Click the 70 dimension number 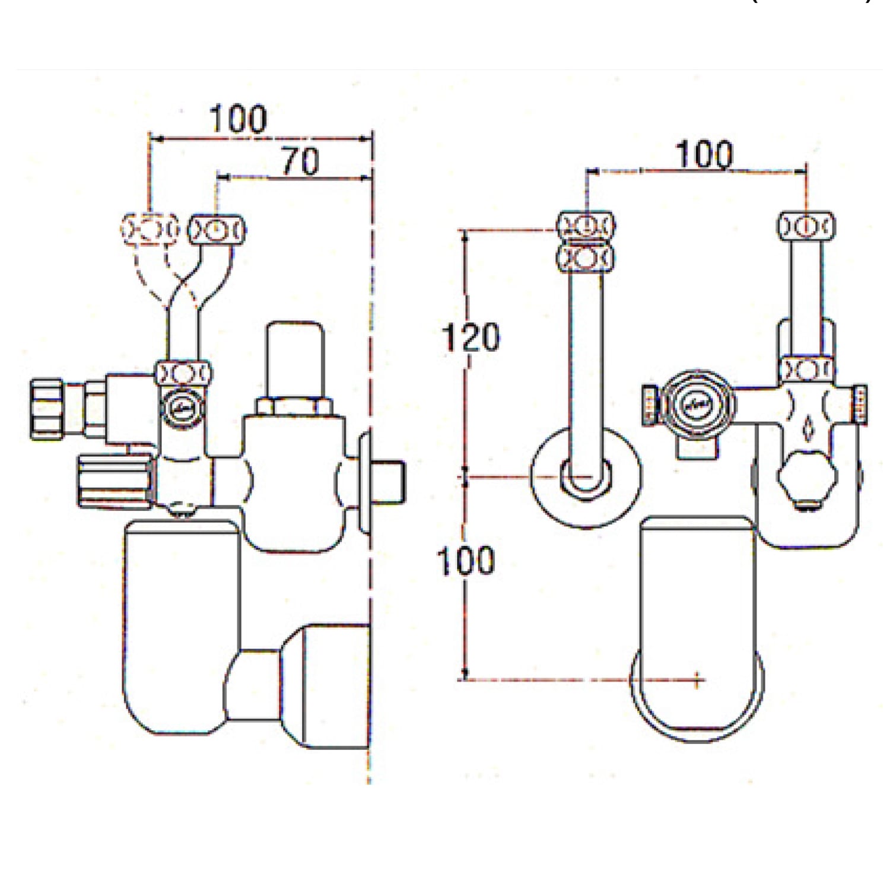coord(300,161)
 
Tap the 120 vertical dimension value coord(471,337)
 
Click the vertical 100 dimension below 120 coord(466,561)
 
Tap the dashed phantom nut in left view coord(150,228)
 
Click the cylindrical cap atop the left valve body coord(295,360)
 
